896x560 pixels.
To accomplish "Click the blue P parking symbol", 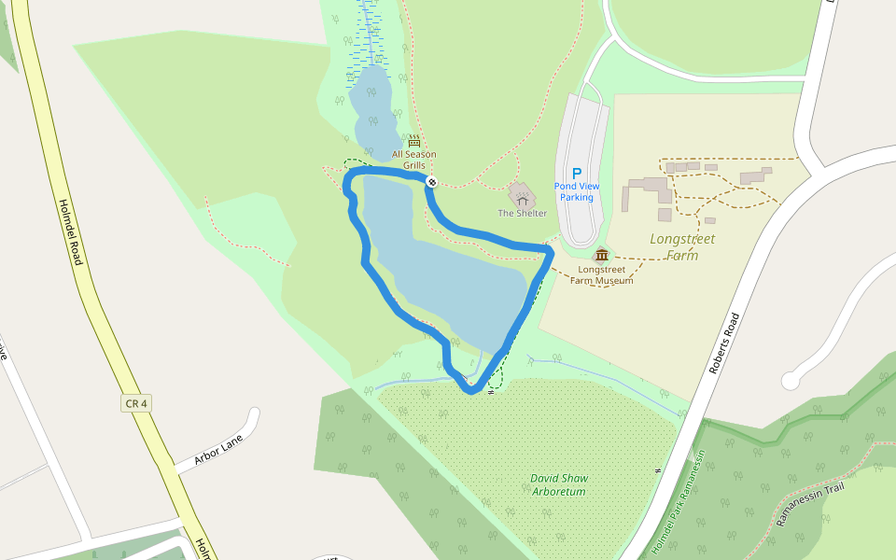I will tap(576, 173).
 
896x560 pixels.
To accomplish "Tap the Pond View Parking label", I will tap(576, 191).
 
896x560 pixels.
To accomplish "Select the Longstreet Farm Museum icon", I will tap(601, 256).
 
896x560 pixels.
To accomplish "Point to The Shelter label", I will tap(522, 214).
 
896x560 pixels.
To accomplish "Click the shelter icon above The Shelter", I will tap(522, 197).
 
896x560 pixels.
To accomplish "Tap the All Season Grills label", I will tap(413, 160).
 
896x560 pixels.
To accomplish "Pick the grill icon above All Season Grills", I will tap(413, 141).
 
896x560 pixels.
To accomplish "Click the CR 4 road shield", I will tap(135, 403).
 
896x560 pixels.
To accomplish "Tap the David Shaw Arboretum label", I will tap(559, 484).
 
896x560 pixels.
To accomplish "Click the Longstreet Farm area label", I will tap(682, 246).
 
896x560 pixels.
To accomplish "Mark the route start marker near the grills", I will tap(432, 182).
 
